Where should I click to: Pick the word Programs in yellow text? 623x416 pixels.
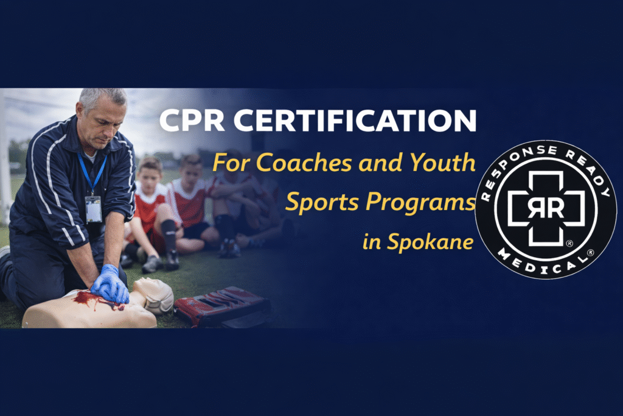(x=424, y=204)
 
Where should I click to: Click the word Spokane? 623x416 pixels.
(x=435, y=242)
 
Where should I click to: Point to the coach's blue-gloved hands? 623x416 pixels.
(x=110, y=284)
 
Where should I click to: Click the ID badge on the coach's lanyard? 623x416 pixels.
(x=93, y=209)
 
